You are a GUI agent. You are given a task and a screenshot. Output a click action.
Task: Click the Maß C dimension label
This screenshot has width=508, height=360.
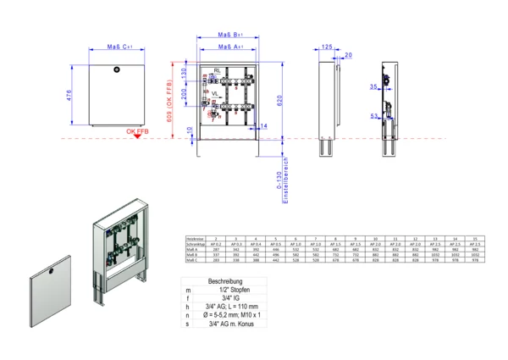(x=119, y=48)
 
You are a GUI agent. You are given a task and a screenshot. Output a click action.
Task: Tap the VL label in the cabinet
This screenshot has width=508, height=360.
(x=215, y=94)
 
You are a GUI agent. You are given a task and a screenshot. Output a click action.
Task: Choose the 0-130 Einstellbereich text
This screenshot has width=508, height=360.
(x=285, y=180)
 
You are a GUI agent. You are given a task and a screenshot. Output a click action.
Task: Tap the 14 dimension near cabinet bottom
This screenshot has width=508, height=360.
(x=264, y=125)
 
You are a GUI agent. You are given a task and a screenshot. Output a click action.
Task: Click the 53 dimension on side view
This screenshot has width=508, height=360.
(x=373, y=117)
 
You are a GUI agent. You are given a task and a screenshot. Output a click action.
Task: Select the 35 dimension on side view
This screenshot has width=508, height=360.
(x=373, y=86)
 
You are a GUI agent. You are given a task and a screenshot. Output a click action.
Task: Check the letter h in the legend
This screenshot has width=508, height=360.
(x=188, y=307)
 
